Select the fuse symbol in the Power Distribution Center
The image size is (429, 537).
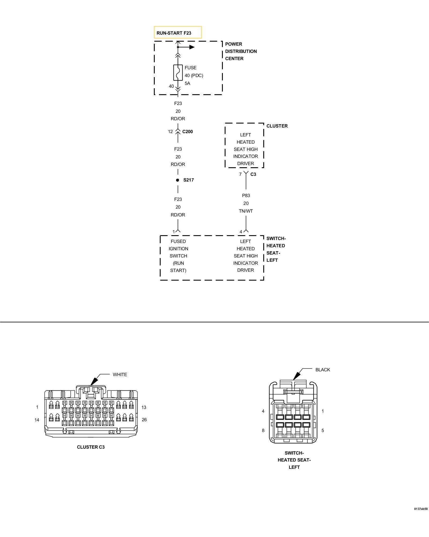[x=178, y=72]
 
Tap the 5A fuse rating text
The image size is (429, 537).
[x=187, y=83]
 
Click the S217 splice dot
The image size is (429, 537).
[x=177, y=180]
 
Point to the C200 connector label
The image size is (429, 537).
[x=187, y=132]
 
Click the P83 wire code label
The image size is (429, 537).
[x=246, y=195]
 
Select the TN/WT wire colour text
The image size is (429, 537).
[x=246, y=211]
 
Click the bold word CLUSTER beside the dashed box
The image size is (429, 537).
[x=277, y=126]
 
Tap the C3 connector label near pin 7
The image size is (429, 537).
[x=253, y=174]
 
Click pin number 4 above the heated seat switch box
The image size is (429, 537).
[x=241, y=232]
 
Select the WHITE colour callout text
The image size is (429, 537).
[x=120, y=375]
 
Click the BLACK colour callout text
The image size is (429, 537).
[x=323, y=370]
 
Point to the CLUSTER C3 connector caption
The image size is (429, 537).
[x=91, y=447]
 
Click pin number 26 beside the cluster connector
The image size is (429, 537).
[x=144, y=420]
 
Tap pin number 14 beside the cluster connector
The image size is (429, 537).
[x=37, y=420]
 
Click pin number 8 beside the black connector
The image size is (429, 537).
[x=263, y=430]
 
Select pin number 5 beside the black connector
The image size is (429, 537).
[x=323, y=430]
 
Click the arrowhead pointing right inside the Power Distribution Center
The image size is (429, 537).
[x=192, y=47]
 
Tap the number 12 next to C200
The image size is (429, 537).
[x=171, y=132]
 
